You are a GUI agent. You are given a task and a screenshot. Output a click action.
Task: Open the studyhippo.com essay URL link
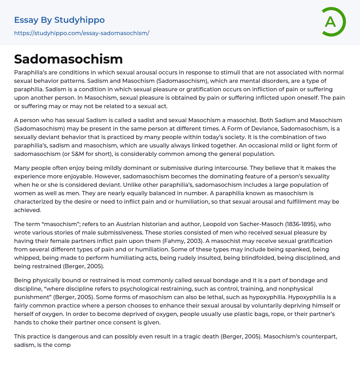[82, 33]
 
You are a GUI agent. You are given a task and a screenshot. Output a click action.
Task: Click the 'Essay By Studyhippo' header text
[59, 20]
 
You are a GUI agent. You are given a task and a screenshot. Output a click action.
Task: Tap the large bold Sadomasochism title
[69, 59]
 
